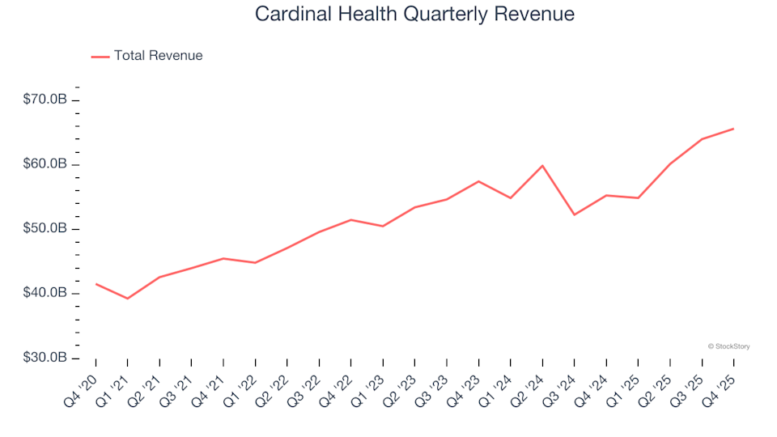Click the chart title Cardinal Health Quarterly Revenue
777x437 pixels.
pos(414,15)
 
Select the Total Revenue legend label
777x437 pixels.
pos(158,56)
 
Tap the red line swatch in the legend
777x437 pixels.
pos(100,57)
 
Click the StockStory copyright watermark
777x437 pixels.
pos(728,346)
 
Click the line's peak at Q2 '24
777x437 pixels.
pos(542,166)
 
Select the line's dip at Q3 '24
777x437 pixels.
pos(575,214)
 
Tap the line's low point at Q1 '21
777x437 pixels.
pos(127,299)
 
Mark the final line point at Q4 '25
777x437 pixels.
pos(733,129)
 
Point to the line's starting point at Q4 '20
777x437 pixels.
pos(96,284)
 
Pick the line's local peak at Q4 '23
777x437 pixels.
pos(478,181)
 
